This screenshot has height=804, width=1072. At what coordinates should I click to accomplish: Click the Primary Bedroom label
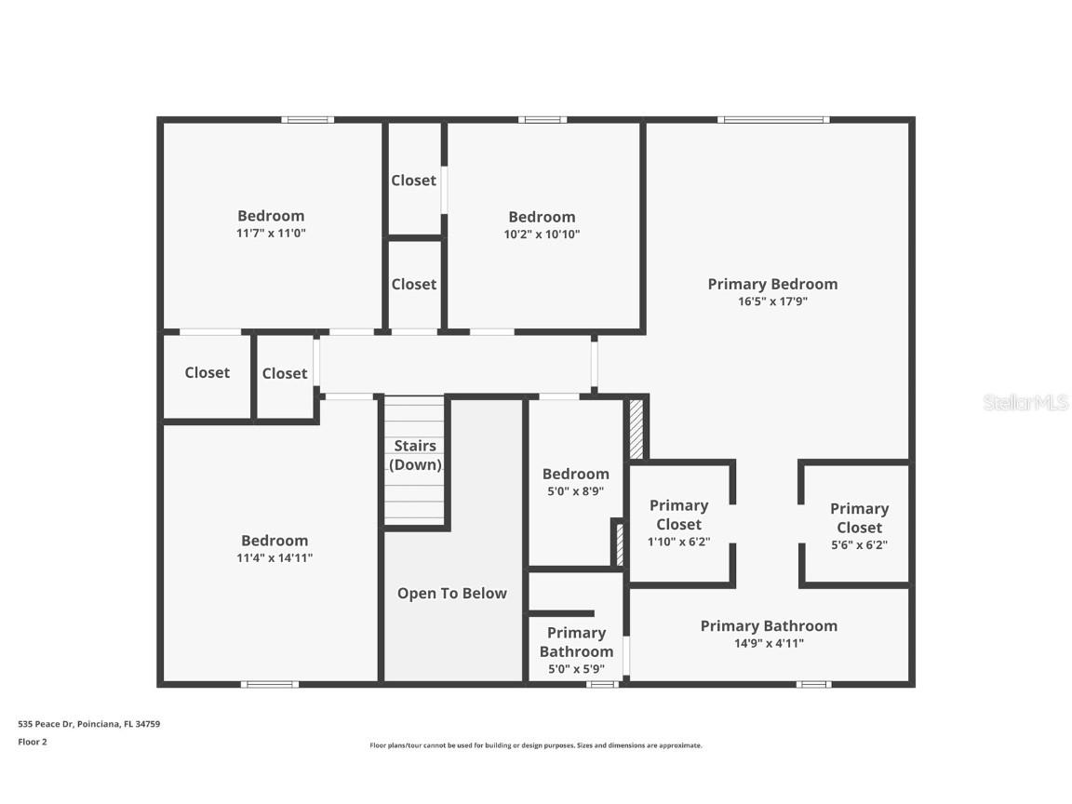tap(772, 284)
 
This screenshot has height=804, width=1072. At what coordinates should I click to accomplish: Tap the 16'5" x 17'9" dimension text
tap(772, 301)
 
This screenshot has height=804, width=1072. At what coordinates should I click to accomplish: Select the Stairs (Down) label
tap(415, 455)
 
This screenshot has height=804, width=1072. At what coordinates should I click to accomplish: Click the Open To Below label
tap(452, 593)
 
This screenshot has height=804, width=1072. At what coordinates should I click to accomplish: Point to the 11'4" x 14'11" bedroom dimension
tap(275, 558)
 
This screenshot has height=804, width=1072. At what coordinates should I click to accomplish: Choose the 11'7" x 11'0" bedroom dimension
tap(271, 234)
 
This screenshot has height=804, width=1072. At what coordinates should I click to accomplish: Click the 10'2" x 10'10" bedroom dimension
tap(542, 234)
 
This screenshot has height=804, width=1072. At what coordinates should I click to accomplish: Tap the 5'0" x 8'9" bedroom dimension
tap(576, 491)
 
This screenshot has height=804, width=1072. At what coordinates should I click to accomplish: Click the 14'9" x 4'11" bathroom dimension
tap(769, 643)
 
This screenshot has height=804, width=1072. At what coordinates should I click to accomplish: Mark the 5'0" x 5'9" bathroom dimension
tap(576, 669)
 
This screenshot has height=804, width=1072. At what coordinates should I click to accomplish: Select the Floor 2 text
tap(32, 742)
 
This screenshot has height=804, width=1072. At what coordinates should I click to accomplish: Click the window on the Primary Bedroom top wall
tap(773, 119)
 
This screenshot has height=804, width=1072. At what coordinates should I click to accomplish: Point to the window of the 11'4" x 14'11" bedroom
tap(270, 685)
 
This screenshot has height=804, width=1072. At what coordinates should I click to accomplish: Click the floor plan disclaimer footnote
tap(536, 745)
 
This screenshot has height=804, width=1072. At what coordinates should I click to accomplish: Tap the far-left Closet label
tap(207, 372)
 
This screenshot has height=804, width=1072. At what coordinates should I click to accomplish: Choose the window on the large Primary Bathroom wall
tap(813, 685)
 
